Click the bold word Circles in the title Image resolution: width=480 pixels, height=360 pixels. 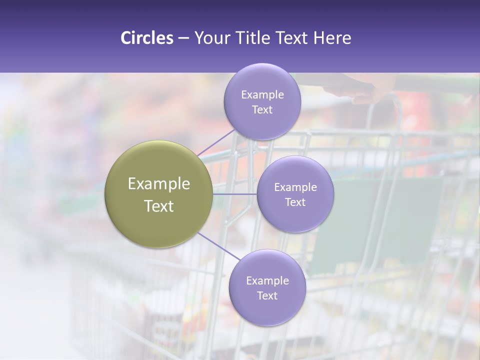[x=147, y=38]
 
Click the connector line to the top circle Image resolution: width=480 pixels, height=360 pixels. [x=215, y=142]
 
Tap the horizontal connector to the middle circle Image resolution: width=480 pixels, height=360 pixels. [x=234, y=194]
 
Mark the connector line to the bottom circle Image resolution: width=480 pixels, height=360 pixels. [x=217, y=245]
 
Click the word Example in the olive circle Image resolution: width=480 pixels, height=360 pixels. [x=159, y=184]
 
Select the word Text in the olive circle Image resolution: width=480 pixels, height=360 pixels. [x=159, y=206]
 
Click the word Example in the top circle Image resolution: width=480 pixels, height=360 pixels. [x=262, y=95]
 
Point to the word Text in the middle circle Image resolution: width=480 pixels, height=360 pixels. [x=295, y=202]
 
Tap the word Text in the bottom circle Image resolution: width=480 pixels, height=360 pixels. [x=267, y=296]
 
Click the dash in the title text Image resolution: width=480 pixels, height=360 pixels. [x=183, y=38]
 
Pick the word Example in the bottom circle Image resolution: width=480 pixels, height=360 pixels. [x=267, y=281]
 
